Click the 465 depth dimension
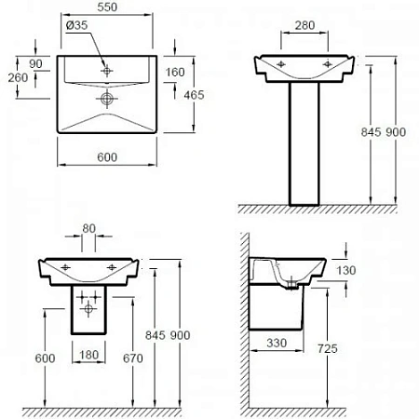pos(195,95)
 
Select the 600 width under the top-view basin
pos(107,158)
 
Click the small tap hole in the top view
pos(108,69)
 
